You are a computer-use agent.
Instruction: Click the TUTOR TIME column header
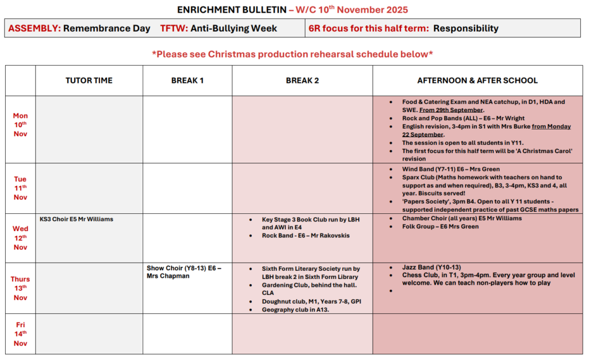(89, 81)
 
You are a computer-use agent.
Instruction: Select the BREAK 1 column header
(188, 81)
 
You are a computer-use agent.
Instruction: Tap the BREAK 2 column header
(302, 81)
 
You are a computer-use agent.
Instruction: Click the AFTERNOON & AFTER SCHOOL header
(477, 81)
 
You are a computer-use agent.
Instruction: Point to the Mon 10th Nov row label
(21, 125)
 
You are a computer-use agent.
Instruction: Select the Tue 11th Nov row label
(21, 188)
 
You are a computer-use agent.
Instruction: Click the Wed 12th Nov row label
(21, 238)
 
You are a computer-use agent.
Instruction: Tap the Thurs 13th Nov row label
(21, 288)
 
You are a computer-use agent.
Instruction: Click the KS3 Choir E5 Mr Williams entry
(77, 219)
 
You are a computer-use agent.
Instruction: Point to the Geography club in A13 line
(296, 309)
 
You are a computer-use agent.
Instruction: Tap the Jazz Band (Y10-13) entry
(431, 267)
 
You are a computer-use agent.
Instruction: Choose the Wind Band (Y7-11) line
(451, 169)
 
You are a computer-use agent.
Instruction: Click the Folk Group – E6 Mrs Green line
(441, 227)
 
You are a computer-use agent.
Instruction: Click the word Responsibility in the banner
(465, 28)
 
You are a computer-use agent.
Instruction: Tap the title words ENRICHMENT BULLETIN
(232, 10)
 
